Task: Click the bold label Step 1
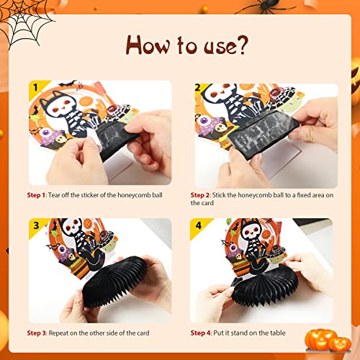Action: [39, 194]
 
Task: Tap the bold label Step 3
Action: [39, 333]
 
